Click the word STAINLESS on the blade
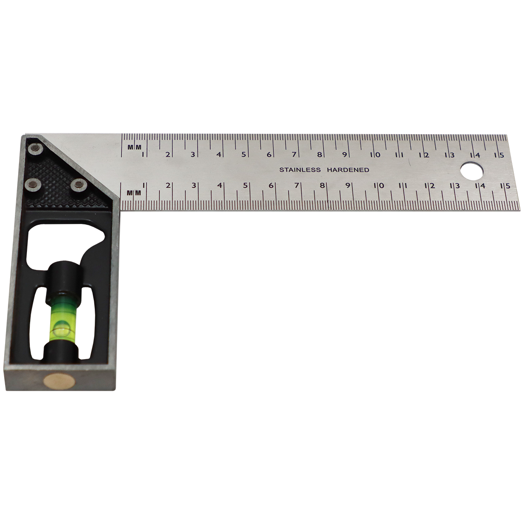[x=300, y=170]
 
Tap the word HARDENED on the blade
[x=348, y=170]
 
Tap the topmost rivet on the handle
[x=34, y=149]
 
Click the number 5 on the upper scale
[x=243, y=155]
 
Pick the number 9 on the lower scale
[x=347, y=186]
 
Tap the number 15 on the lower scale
[x=505, y=186]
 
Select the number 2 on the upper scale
[x=167, y=155]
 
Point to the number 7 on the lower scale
[x=296, y=186]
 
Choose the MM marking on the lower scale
[x=134, y=192]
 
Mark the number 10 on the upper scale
[x=375, y=155]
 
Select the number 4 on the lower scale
[x=220, y=186]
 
